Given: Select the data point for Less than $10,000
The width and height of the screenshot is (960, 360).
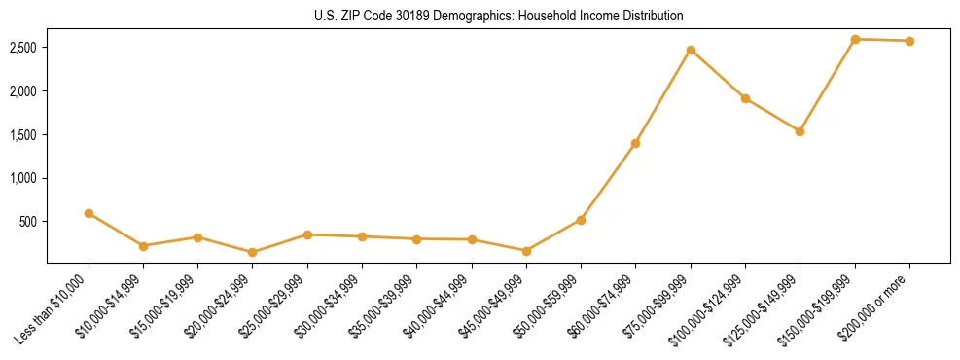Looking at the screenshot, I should (x=89, y=213).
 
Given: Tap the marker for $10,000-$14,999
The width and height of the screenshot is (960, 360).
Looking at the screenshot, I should (x=143, y=246).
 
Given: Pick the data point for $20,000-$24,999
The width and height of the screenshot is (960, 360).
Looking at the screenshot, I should (x=253, y=252).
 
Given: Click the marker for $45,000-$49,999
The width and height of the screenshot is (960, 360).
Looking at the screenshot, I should (x=526, y=251).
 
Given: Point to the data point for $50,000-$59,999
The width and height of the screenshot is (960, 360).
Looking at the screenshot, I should (x=581, y=220).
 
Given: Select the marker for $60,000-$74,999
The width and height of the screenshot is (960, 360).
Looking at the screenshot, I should (x=635, y=143).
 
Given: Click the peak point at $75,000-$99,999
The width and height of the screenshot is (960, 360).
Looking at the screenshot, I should (x=691, y=50).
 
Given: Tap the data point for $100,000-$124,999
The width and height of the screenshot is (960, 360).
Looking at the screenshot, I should (x=745, y=98).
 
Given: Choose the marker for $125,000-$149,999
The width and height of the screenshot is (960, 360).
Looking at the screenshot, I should (x=800, y=131).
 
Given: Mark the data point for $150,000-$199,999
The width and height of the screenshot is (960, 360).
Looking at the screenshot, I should (x=855, y=39).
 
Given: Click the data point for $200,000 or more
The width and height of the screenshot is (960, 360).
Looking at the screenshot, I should (x=909, y=41).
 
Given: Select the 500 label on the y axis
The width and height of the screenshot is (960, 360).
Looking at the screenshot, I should (x=28, y=222).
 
